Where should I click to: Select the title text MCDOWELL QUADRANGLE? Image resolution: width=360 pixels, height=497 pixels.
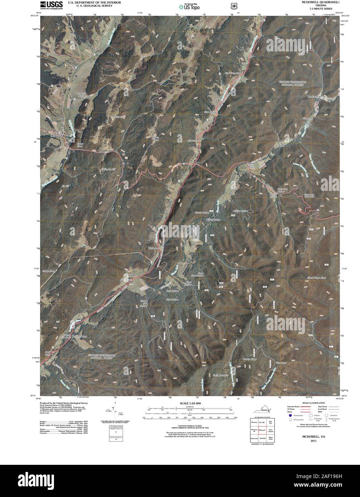pyautogui.click(x=320, y=3)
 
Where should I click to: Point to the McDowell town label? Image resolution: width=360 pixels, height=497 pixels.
pyautogui.click(x=57, y=136)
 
